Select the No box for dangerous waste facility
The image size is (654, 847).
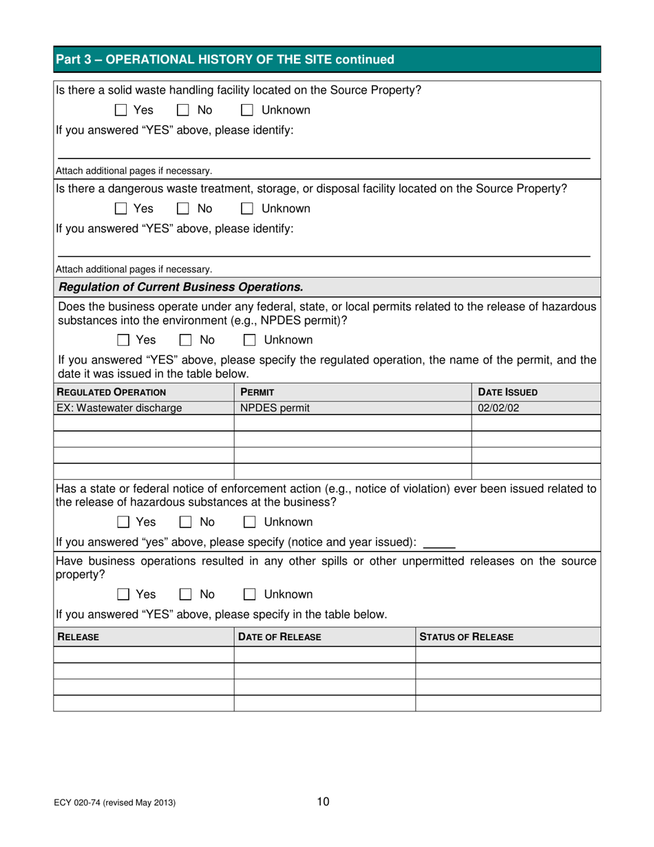(184, 209)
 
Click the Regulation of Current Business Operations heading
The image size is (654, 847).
(181, 286)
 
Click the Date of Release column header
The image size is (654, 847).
(279, 638)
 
